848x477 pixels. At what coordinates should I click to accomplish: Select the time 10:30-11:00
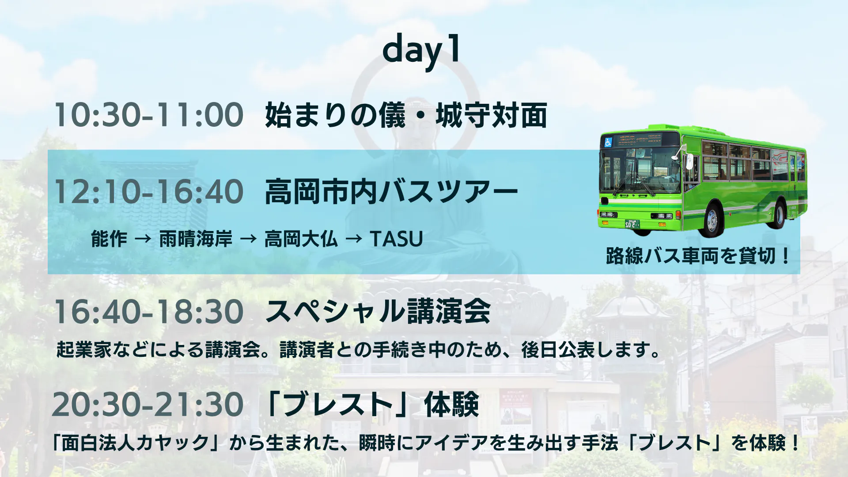(x=148, y=115)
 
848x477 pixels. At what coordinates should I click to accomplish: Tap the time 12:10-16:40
(x=148, y=192)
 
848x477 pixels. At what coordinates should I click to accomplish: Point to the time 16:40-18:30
(x=148, y=311)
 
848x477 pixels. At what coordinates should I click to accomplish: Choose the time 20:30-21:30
(x=148, y=405)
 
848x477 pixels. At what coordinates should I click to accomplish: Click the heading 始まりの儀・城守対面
(x=406, y=115)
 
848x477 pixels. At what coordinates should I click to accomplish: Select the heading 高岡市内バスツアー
(x=391, y=192)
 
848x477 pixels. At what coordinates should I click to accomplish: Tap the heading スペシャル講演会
(x=378, y=311)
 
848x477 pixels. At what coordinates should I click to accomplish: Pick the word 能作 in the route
(x=109, y=239)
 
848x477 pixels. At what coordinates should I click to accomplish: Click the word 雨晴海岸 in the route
(x=196, y=239)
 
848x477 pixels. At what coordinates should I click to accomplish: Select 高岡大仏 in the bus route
(x=301, y=239)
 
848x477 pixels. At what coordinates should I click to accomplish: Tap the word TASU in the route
(x=397, y=239)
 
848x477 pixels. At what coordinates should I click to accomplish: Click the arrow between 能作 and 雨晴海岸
(x=143, y=239)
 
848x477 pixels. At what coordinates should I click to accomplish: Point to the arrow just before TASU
(x=354, y=239)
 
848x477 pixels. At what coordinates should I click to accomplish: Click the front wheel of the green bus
(x=712, y=219)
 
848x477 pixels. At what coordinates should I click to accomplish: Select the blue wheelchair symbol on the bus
(x=608, y=142)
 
